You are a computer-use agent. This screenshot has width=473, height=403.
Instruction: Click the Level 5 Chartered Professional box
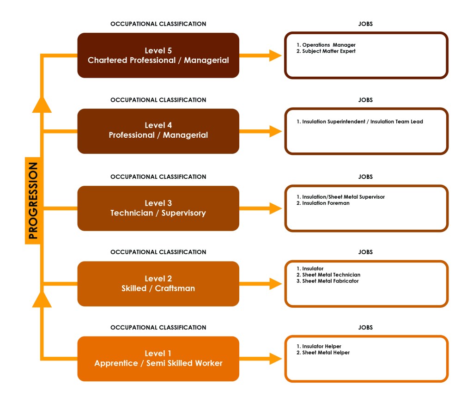click(158, 55)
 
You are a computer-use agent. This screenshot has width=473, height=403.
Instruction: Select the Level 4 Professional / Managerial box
click(158, 131)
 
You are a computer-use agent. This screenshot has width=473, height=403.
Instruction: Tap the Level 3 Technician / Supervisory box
click(158, 208)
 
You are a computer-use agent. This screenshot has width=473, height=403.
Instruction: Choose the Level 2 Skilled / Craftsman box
click(158, 283)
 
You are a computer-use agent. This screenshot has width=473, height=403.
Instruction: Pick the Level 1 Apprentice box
click(158, 359)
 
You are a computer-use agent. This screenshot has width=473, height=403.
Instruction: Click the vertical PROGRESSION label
click(33, 200)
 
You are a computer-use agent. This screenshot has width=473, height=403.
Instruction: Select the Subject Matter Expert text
click(328, 51)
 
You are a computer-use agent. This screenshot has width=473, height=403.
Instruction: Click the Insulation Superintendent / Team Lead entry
click(362, 122)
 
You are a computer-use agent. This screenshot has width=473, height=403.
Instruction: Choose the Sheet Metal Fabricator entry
click(330, 281)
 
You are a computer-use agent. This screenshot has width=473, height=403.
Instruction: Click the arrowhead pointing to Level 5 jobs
click(276, 55)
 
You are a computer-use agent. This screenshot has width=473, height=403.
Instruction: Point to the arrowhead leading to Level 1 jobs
click(276, 359)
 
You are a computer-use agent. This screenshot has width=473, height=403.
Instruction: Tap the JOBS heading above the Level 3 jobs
click(365, 177)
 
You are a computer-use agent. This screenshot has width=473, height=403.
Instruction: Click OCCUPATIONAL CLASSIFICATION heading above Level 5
click(158, 24)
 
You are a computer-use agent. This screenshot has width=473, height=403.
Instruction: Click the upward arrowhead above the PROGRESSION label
click(42, 104)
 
